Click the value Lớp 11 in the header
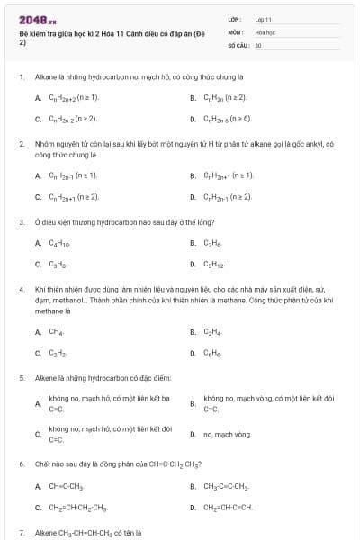coord(264,18)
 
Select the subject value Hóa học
coord(265,31)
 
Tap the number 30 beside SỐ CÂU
coord(258,44)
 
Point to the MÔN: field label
coord(235,31)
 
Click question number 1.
coord(20,78)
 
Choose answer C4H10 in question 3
coord(58,243)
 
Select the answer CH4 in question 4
coord(56,332)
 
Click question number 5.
coord(20,378)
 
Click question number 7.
coord(20,533)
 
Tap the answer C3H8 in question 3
coord(56,264)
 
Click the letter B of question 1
coord(193,97)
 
